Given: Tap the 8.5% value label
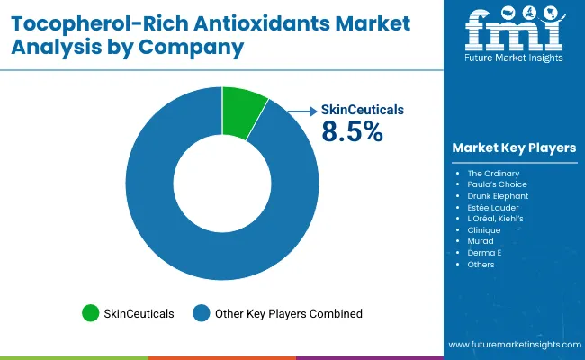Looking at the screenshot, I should [x=352, y=132].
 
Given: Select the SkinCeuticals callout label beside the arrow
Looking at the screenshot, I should [x=363, y=110].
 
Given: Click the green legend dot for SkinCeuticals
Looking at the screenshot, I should [x=90, y=313].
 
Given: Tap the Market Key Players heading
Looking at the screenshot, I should [x=514, y=148].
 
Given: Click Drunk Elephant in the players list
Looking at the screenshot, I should [x=498, y=195].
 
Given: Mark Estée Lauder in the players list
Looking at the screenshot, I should [x=492, y=207].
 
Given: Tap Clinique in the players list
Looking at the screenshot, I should [x=484, y=230].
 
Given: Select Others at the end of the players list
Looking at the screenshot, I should [x=481, y=265].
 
